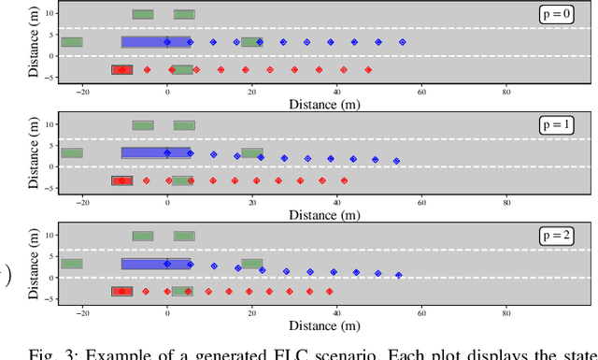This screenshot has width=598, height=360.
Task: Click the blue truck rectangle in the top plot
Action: pyautogui.click(x=156, y=42)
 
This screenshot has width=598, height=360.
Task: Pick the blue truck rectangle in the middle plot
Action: pyautogui.click(x=156, y=152)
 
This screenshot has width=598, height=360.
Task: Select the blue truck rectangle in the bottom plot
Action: pyautogui.click(x=156, y=264)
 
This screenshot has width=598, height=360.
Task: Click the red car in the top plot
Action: pyautogui.click(x=121, y=70)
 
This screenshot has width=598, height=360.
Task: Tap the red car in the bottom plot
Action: pyautogui.click(x=121, y=292)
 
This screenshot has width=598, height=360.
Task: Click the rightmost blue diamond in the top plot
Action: pyautogui.click(x=403, y=42)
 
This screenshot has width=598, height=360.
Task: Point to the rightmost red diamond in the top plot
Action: pyautogui.click(x=368, y=70)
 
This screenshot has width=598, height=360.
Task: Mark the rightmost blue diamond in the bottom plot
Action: pyautogui.click(x=399, y=275)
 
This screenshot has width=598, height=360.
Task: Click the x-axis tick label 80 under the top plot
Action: pyautogui.click(x=506, y=91)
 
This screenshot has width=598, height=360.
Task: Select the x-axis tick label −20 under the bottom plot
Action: pyautogui.click(x=82, y=312)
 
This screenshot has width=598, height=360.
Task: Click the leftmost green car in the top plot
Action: pyautogui.click(x=72, y=42)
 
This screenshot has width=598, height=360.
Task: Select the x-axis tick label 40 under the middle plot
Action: pyautogui.click(x=336, y=201)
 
